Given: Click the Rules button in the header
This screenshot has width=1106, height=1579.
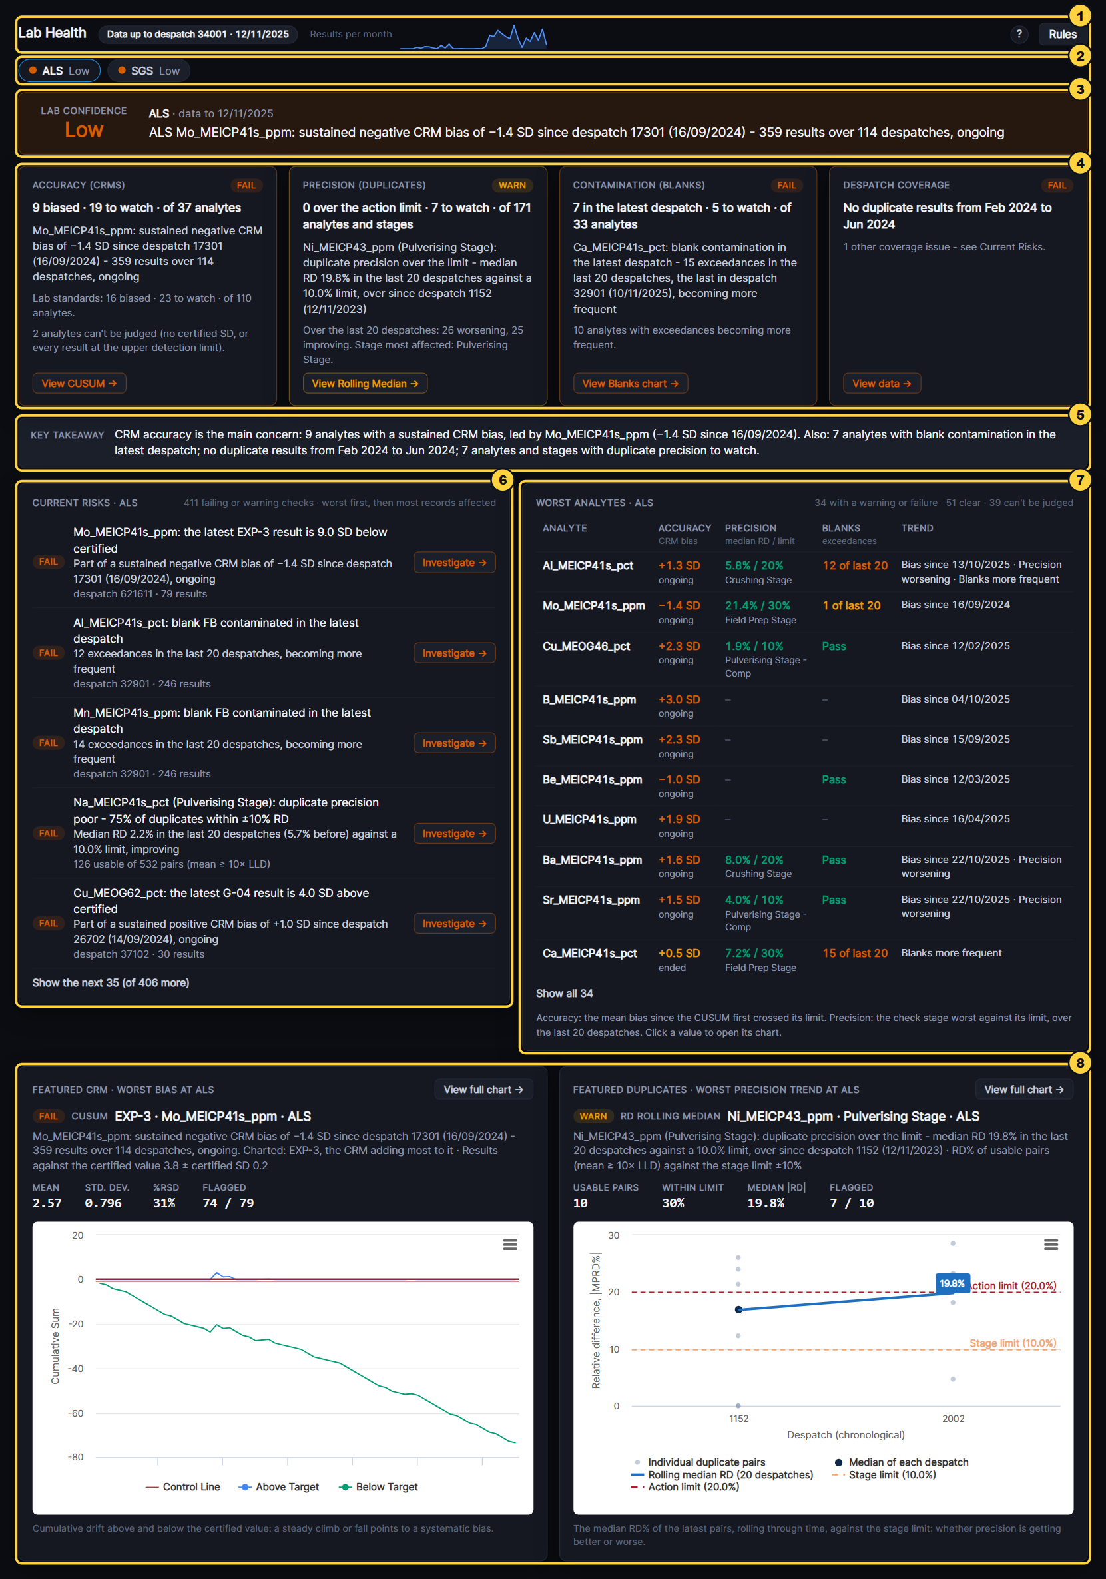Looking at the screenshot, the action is click(1062, 35).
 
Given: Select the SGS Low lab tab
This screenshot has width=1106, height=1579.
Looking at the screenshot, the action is click(148, 71).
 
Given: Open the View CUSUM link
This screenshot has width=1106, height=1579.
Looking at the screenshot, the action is click(79, 383).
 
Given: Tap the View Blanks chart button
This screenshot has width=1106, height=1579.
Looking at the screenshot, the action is click(630, 383).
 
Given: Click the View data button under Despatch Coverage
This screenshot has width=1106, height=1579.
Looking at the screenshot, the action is click(882, 383).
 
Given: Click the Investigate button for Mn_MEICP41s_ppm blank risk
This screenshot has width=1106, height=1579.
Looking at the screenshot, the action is click(455, 743).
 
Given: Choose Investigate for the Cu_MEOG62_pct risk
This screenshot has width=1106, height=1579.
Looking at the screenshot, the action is click(455, 923).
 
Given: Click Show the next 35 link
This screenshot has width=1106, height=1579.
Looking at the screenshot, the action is click(111, 983).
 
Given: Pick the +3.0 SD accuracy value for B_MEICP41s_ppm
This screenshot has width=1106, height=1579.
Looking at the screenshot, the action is click(679, 699).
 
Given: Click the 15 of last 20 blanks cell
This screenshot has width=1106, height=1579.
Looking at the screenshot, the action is click(855, 953).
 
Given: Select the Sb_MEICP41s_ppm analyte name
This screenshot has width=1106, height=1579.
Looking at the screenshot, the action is click(592, 739).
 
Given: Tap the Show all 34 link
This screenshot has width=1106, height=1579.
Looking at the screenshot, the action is click(564, 993).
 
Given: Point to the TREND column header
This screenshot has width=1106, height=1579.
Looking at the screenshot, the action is click(917, 528).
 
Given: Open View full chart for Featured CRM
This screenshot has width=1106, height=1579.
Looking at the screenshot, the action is click(483, 1090).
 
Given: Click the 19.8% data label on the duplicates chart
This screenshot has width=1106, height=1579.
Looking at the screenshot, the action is click(952, 1283).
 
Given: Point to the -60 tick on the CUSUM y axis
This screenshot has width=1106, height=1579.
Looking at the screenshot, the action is click(75, 1413).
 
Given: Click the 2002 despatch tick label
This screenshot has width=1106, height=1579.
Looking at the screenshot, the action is click(953, 1418).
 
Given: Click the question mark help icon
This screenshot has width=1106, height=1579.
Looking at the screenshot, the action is click(1019, 35).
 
